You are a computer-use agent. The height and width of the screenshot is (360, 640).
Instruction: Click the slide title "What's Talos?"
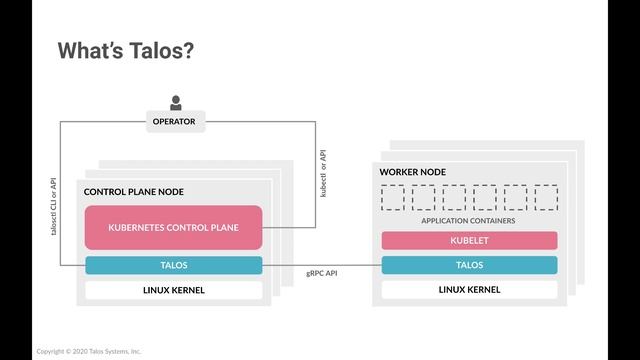tap(125, 51)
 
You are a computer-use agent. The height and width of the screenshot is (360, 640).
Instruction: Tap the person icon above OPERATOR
tap(176, 101)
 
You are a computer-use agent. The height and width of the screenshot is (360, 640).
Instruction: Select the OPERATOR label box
tap(174, 122)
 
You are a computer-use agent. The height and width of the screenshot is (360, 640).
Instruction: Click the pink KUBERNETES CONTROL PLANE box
tap(173, 228)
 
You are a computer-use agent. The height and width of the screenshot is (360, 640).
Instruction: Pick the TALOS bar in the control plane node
tap(173, 266)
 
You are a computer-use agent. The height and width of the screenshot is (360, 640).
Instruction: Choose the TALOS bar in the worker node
tap(469, 266)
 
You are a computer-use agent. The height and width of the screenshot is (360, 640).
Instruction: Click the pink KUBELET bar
tap(469, 241)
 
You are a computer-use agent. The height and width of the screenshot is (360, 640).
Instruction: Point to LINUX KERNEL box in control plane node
tap(173, 290)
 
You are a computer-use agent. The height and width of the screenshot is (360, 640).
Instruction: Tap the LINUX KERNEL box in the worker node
tap(469, 290)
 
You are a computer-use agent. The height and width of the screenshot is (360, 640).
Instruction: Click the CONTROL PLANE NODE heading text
tap(134, 192)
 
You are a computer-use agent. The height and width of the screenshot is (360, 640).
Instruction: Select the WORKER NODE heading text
tap(412, 172)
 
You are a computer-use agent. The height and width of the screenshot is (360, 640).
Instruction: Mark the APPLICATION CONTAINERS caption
tap(468, 220)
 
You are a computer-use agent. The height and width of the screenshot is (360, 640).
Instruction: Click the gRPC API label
tap(322, 273)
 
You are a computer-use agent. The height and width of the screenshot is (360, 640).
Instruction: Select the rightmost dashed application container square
tap(546, 197)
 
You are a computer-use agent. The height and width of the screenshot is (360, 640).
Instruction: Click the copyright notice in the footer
tap(89, 351)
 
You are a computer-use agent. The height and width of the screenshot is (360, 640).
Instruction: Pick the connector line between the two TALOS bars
tap(322, 265)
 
